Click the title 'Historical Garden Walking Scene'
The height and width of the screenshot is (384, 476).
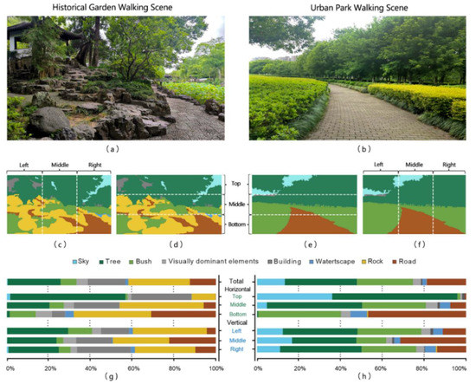click(x=112, y=7)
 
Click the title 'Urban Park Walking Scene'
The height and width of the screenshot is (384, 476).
click(x=355, y=7)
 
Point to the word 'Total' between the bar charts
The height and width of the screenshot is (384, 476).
click(x=236, y=280)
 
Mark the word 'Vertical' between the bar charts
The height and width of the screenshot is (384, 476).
click(x=236, y=323)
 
